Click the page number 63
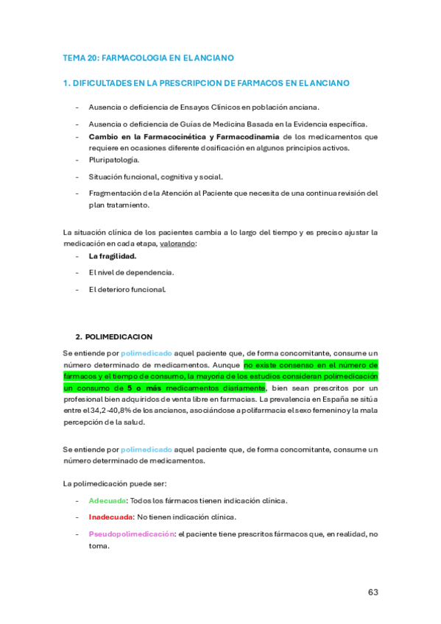pyautogui.click(x=373, y=592)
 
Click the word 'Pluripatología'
pyautogui.click(x=113, y=160)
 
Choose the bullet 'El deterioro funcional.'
pyautogui.click(x=127, y=289)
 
